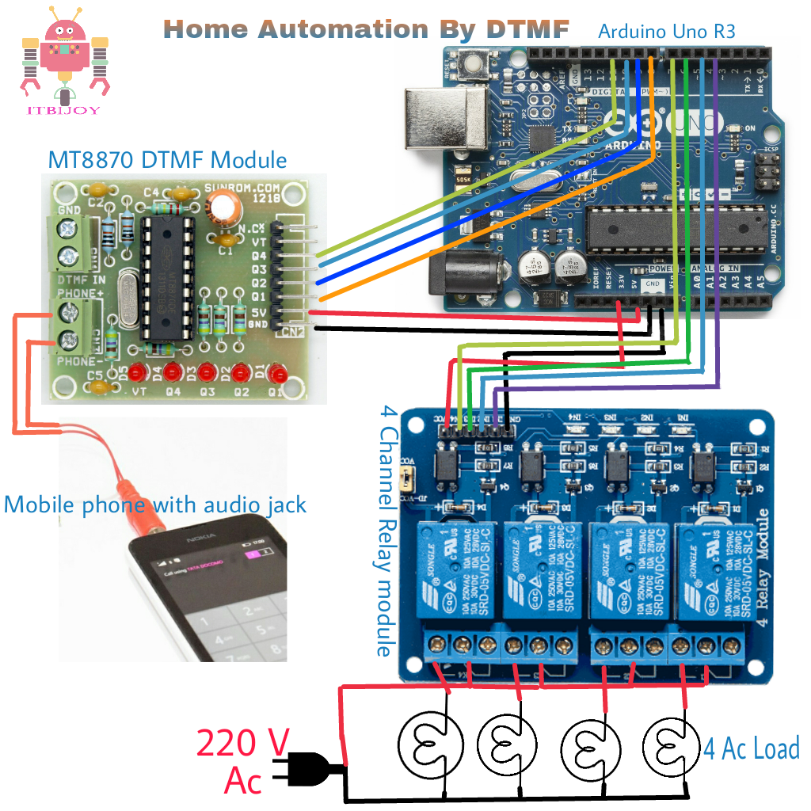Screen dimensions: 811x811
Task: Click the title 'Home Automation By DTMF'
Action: click(x=366, y=29)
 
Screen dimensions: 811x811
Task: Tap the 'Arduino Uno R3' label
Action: click(x=666, y=32)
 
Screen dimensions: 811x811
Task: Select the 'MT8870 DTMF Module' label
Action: click(x=167, y=160)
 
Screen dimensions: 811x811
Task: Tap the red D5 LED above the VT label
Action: click(x=140, y=371)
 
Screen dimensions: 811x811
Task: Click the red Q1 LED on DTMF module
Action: click(x=276, y=372)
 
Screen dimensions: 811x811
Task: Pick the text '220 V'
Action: click(x=242, y=744)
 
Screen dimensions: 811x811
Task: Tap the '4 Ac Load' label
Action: click(x=751, y=748)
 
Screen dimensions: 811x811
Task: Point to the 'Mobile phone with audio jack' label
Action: click(x=155, y=504)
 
